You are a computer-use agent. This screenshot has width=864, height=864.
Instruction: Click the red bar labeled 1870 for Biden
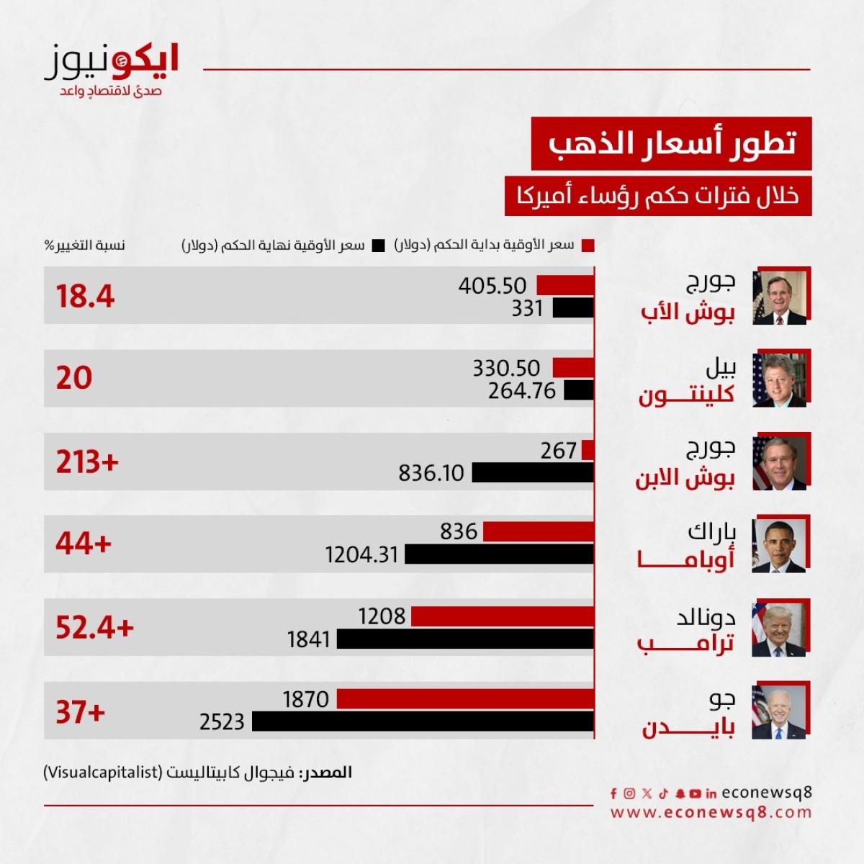[x=465, y=698]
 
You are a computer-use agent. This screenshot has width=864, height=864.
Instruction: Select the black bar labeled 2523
[x=423, y=721]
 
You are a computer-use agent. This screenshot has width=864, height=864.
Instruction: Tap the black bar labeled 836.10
[x=533, y=472]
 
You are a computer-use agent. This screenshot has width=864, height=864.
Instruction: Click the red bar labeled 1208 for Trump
[x=503, y=616]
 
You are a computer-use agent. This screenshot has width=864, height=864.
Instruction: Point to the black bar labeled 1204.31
[x=500, y=554]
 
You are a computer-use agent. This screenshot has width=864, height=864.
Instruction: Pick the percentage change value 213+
[x=87, y=462]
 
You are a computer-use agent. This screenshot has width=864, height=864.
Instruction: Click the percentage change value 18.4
[x=85, y=296]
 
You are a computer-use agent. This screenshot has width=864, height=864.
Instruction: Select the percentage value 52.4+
[x=94, y=628]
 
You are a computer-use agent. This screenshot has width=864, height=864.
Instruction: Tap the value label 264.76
[x=522, y=391]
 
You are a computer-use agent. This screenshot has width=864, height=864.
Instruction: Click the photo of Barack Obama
[x=779, y=546]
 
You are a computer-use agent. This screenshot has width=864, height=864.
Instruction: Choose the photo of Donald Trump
[x=779, y=630]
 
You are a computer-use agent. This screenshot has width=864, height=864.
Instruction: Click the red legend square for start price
[x=588, y=246]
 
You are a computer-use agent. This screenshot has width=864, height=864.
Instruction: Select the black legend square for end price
[x=378, y=246]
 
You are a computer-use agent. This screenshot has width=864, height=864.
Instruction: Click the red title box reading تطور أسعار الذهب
[x=671, y=143]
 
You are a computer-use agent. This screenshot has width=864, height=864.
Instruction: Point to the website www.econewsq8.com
[x=711, y=813]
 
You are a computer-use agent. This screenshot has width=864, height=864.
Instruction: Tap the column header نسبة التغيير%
[x=84, y=246]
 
